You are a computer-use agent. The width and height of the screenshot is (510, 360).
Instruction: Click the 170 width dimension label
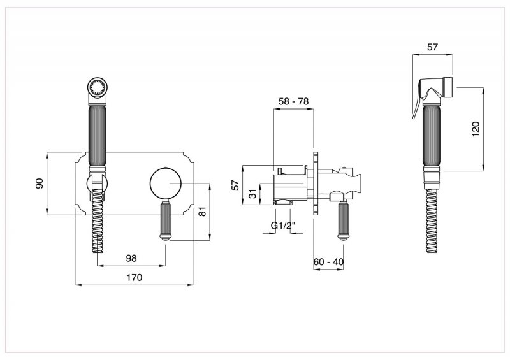click(135, 277)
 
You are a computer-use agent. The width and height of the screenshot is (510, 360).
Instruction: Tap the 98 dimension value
click(131, 258)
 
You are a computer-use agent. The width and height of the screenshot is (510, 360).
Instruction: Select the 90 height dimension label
click(39, 184)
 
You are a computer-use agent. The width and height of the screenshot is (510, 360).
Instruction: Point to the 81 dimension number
click(202, 212)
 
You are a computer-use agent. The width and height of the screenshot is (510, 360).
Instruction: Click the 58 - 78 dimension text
click(294, 101)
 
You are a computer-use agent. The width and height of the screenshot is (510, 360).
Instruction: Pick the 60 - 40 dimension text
click(328, 261)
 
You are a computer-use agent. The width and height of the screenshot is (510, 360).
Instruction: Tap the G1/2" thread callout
click(282, 226)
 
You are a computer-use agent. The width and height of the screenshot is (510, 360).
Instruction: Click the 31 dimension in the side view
click(252, 194)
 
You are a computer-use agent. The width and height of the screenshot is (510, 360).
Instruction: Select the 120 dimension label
click(476, 129)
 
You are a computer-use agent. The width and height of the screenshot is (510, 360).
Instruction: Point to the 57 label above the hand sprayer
click(432, 47)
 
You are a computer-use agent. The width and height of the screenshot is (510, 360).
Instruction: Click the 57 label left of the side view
click(235, 185)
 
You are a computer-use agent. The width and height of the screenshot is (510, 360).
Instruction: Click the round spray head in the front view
click(98, 87)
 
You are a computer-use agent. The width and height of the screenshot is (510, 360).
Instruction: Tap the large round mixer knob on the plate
click(166, 184)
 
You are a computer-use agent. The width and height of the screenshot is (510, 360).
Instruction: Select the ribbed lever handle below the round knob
click(166, 220)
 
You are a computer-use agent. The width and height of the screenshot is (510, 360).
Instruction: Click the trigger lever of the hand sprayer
click(418, 103)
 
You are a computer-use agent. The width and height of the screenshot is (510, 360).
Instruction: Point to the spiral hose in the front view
click(98, 222)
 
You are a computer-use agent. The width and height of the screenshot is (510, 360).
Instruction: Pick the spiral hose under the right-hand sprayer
click(432, 221)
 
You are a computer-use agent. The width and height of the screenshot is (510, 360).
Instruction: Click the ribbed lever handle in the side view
click(342, 220)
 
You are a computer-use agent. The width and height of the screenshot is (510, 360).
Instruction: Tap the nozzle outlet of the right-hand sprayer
click(449, 87)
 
